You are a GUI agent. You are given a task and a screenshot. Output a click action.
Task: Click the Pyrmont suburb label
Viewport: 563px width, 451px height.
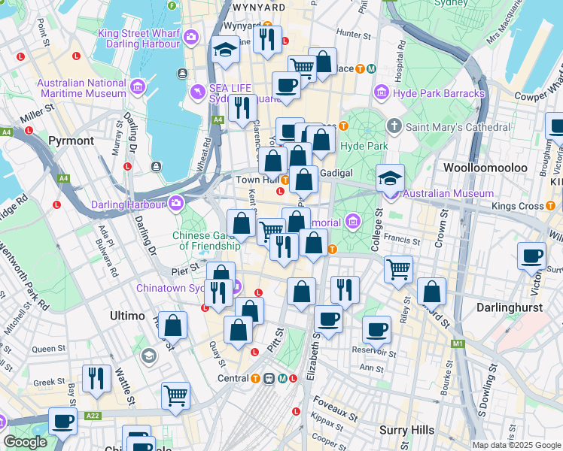(x=71, y=141)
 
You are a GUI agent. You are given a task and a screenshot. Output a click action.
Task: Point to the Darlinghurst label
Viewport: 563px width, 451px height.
(x=510, y=307)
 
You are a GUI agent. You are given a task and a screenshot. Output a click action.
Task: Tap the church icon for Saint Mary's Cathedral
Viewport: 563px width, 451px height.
(x=394, y=126)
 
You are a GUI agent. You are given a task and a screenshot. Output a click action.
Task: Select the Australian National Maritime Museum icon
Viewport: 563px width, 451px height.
(x=138, y=88)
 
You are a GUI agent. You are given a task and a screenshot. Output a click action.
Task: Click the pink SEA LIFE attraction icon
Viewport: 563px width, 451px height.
(x=198, y=92)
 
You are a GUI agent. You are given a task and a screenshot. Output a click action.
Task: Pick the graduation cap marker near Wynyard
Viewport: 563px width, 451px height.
(x=225, y=50)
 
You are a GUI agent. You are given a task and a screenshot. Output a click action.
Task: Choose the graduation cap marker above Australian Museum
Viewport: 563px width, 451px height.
(x=391, y=178)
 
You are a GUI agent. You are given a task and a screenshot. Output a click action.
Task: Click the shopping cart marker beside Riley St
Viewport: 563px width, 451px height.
(x=398, y=268)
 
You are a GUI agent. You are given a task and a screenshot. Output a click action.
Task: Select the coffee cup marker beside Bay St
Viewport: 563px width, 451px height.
(x=63, y=421)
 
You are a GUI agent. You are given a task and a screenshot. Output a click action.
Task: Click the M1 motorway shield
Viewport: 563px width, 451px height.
(x=458, y=344)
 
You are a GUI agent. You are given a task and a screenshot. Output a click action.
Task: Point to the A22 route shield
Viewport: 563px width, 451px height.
(x=93, y=415)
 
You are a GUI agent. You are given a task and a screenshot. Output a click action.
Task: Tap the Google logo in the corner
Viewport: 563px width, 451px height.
(x=25, y=442)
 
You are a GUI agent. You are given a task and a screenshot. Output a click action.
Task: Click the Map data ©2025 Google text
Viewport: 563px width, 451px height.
(x=516, y=445)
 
